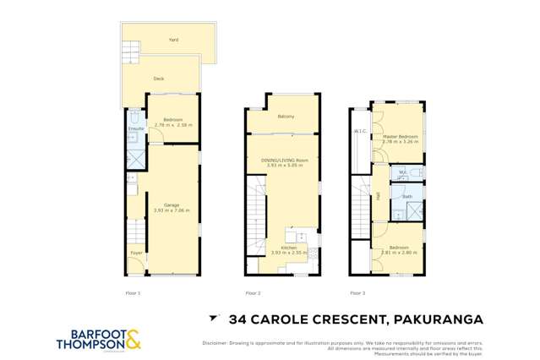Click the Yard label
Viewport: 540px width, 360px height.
pyautogui.click(x=173, y=40)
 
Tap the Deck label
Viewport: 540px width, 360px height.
pyautogui.click(x=159, y=79)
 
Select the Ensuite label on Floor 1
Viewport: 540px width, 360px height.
pyautogui.click(x=136, y=128)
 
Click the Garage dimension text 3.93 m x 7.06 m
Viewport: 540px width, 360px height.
pyautogui.click(x=172, y=210)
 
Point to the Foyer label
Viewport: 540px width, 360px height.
pyautogui.click(x=135, y=253)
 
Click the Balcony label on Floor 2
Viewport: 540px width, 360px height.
pyautogui.click(x=286, y=117)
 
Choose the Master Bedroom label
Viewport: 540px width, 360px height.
pyautogui.click(x=400, y=136)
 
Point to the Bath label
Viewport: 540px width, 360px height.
pyautogui.click(x=407, y=197)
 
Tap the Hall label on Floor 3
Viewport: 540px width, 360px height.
pyautogui.click(x=378, y=196)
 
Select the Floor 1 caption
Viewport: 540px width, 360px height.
pyautogui.click(x=134, y=292)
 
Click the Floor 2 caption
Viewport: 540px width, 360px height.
pyautogui.click(x=253, y=292)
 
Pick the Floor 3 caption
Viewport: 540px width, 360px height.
pyautogui.click(x=357, y=292)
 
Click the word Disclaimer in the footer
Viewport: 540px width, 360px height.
pyautogui.click(x=217, y=341)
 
